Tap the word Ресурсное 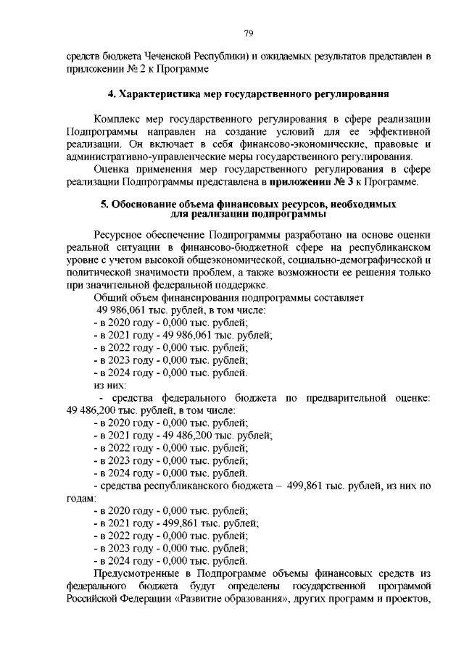[118, 236]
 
